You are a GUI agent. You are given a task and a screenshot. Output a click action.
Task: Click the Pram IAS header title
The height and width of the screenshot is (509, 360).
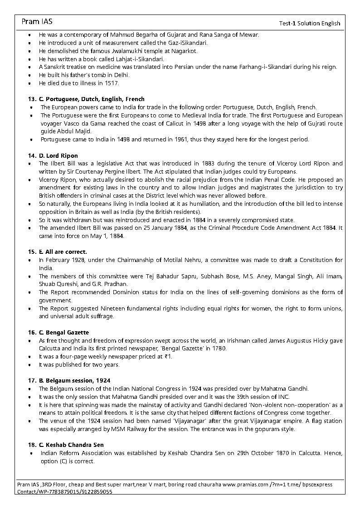coord(37,21)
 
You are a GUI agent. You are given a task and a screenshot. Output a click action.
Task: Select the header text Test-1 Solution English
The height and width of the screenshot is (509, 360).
coord(309,24)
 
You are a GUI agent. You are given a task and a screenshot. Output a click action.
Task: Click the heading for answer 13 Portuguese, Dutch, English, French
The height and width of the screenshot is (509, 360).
coord(86,99)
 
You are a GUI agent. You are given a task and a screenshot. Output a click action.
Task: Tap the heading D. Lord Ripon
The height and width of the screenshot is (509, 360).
coord(54,155)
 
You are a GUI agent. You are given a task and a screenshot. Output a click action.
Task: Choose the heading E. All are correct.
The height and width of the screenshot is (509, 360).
coord(58,252)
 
